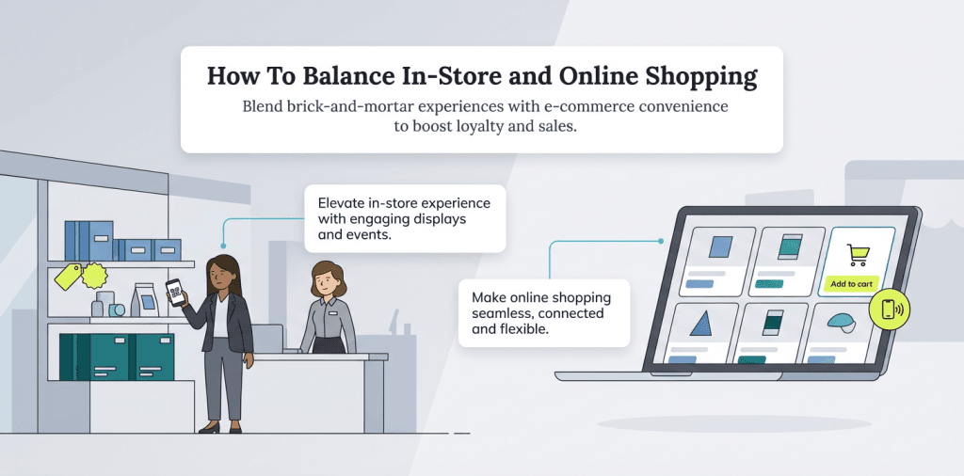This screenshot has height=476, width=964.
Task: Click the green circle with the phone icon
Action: tap(890, 309)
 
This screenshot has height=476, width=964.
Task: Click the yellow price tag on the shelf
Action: tap(68, 276)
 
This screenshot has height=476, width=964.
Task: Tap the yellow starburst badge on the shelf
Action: tap(95, 276)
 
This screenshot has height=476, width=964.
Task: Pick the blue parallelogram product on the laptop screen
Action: tap(719, 247)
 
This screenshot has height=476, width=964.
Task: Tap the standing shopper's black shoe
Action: tap(210, 427)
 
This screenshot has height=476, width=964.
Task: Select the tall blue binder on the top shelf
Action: tap(74, 240)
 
